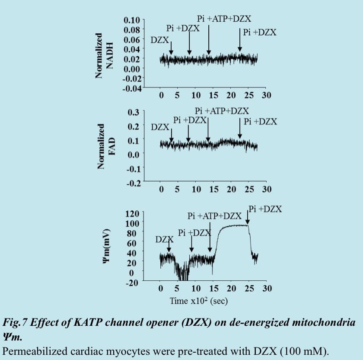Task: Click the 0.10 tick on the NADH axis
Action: pos(131,20)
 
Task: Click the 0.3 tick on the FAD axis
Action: pos(133,112)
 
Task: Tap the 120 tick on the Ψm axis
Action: pos(132,214)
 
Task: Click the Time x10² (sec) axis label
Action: pos(199,301)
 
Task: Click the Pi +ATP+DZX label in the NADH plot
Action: pos(224,19)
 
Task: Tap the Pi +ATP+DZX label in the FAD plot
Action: pos(222,111)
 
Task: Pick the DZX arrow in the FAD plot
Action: pos(171,136)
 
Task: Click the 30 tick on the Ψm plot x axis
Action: pos(267,288)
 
